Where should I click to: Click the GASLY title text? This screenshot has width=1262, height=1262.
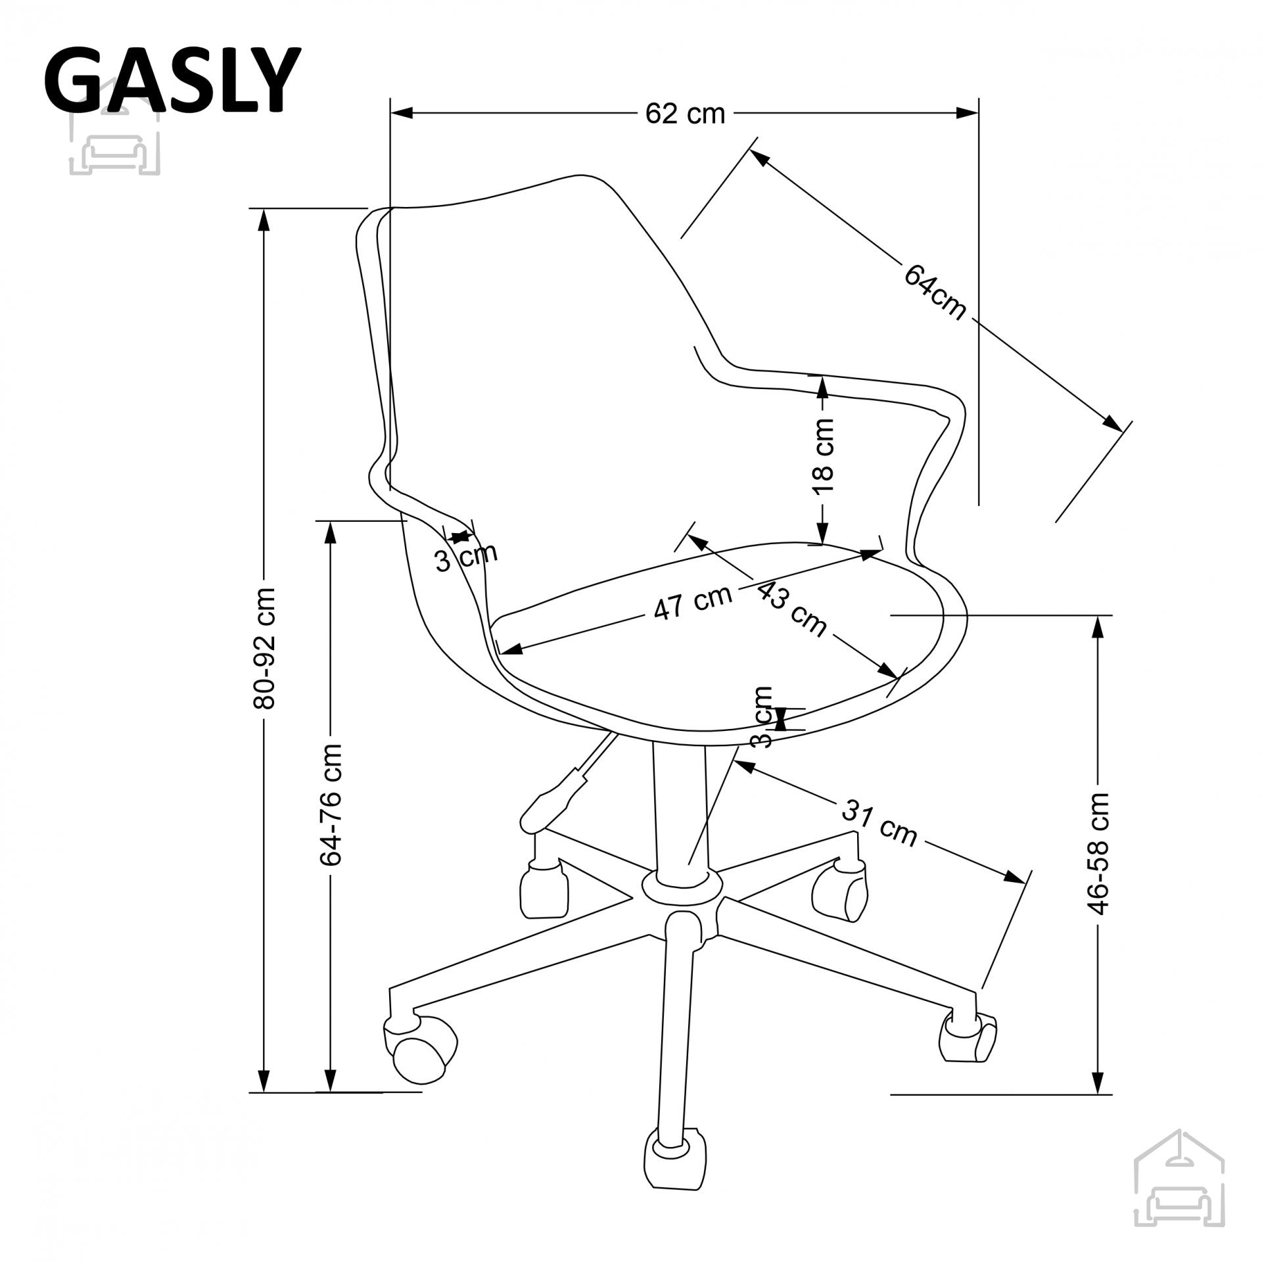coord(172,80)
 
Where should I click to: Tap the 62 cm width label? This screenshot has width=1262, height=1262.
coord(684,114)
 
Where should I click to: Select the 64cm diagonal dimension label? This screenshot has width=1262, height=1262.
coord(935,292)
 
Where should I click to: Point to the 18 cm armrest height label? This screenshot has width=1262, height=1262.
coord(823,457)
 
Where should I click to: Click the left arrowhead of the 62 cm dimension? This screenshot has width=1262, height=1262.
coord(402,113)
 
